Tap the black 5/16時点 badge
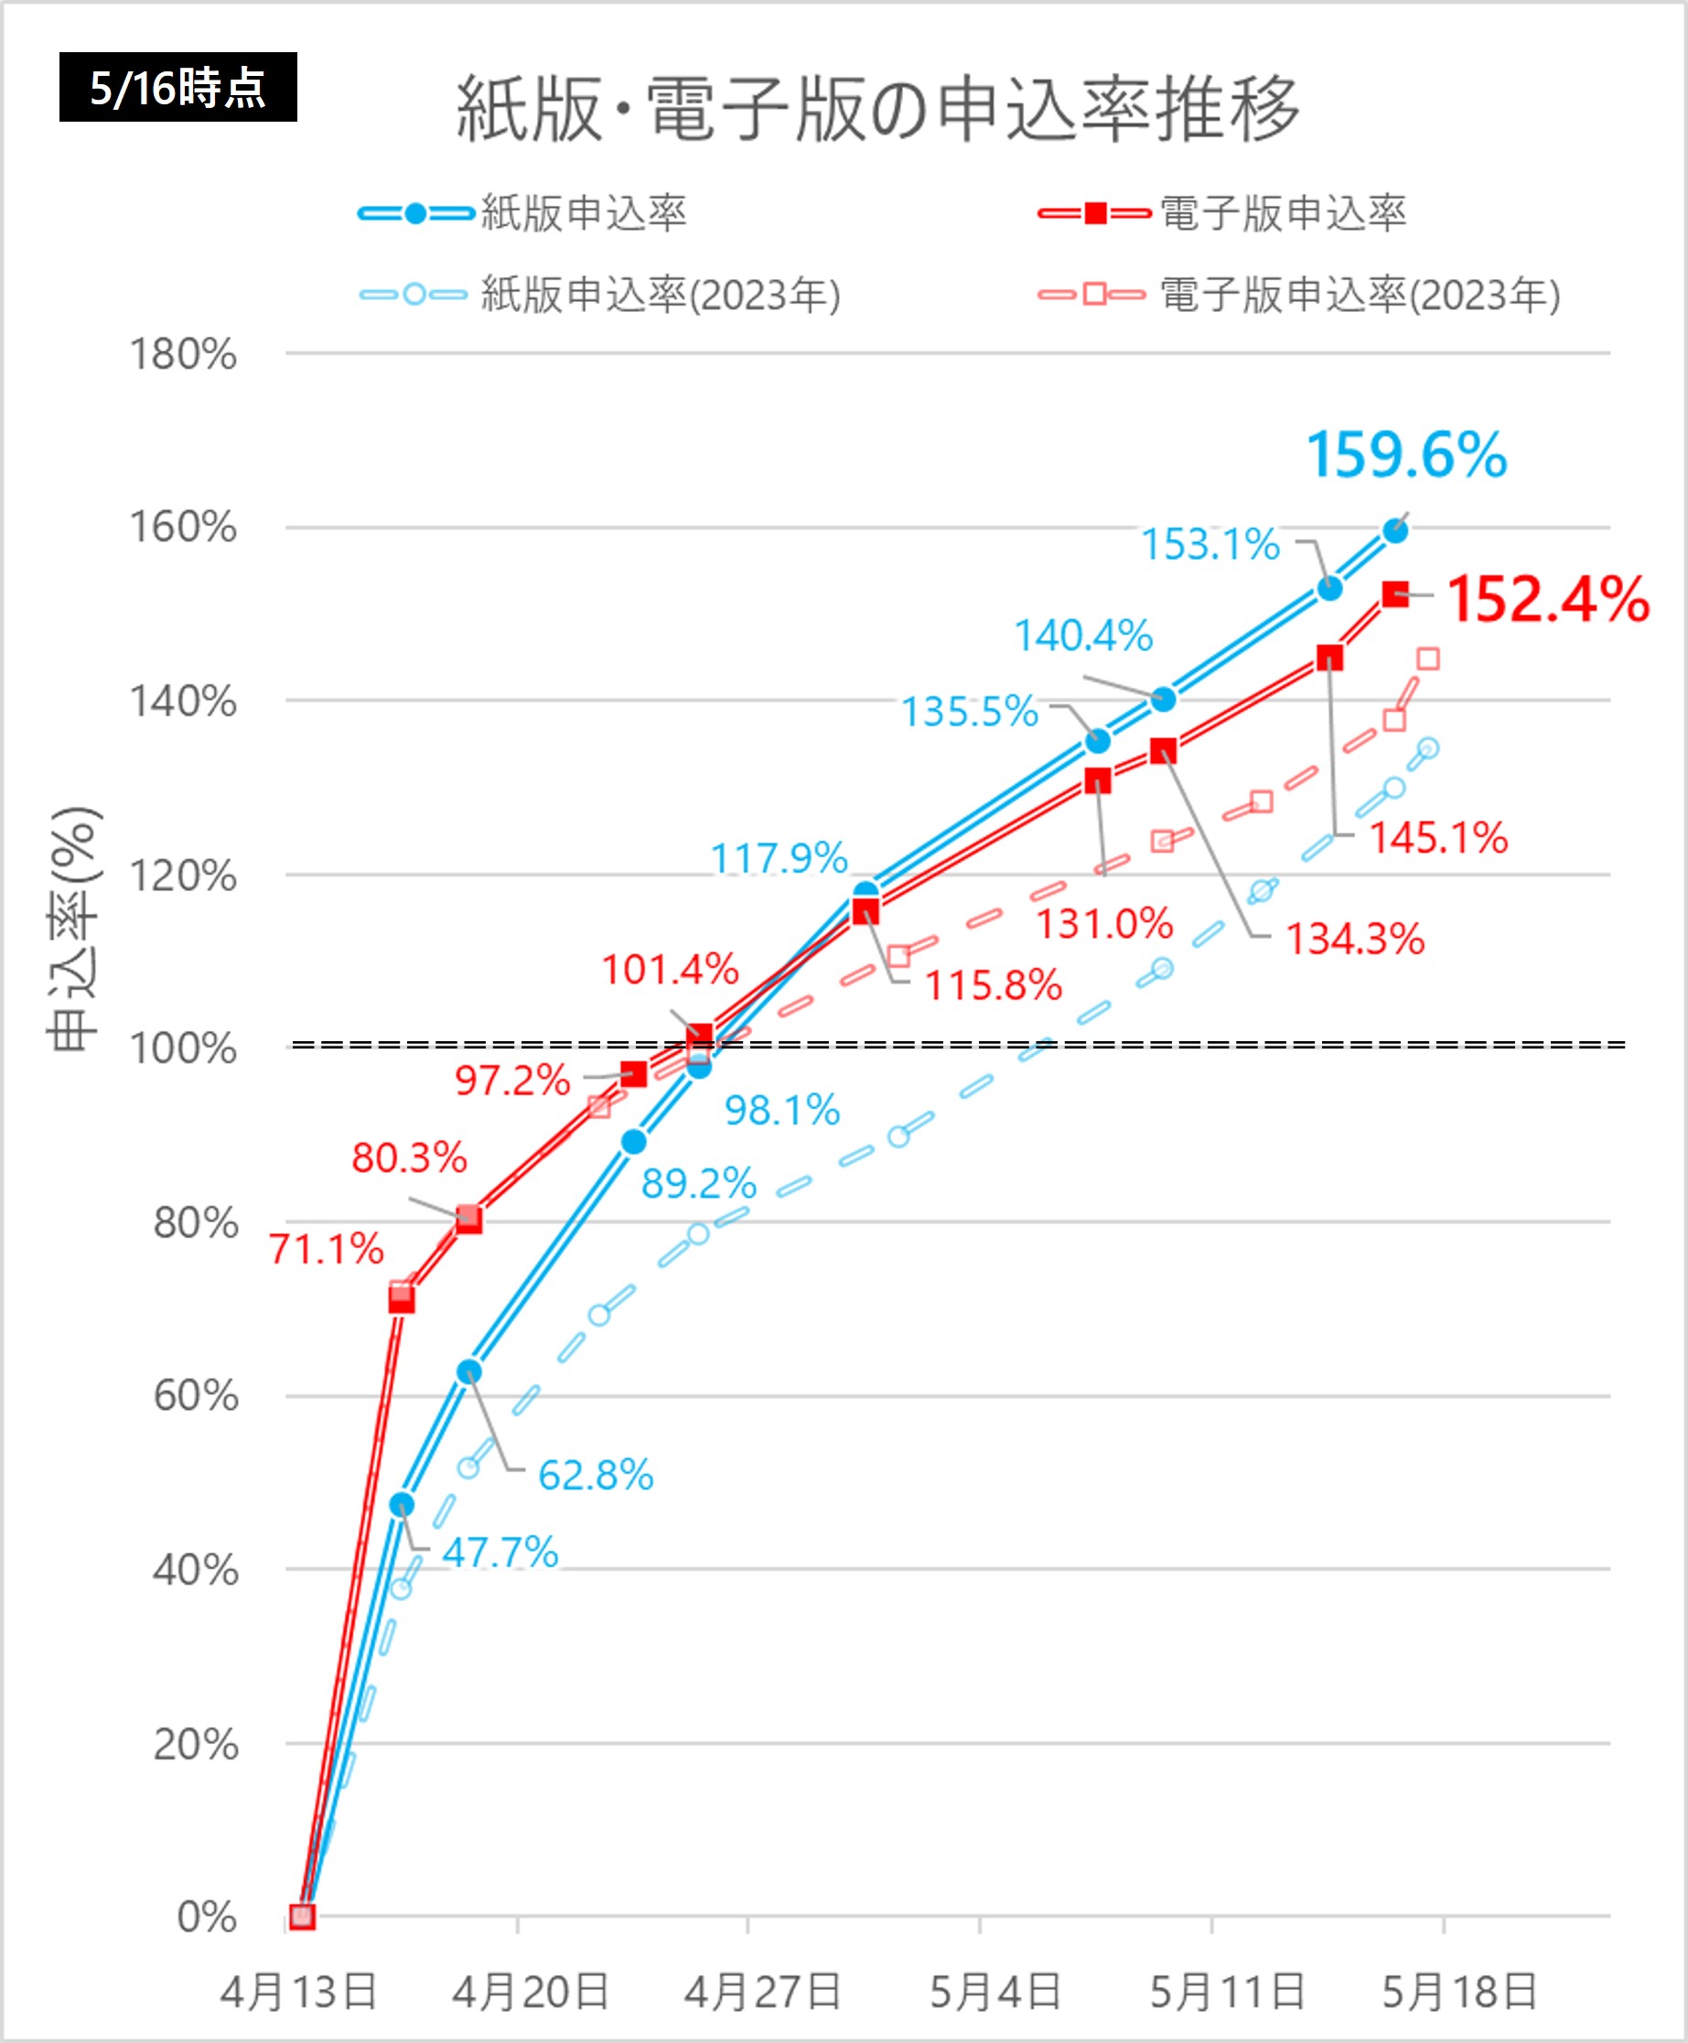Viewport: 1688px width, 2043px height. pos(177,88)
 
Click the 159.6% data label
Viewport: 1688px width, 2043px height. pos(1406,455)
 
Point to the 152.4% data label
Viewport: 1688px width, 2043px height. pos(1548,599)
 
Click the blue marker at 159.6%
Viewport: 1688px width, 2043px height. pos(1395,531)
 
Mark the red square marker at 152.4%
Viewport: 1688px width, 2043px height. pos(1395,594)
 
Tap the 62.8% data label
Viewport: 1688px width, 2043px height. pos(595,1475)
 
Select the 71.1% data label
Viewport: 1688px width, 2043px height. pos(327,1249)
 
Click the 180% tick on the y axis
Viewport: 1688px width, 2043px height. pos(184,354)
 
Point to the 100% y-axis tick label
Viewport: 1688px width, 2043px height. pos(184,1048)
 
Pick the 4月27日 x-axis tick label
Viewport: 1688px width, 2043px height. pos(762,1992)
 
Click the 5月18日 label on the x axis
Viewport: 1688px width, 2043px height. pos(1459,1992)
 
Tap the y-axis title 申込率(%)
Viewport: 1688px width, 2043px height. pos(74,929)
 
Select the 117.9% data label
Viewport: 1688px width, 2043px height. pos(779,857)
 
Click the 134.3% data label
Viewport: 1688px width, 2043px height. pos(1354,940)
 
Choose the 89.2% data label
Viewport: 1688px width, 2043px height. pos(698,1183)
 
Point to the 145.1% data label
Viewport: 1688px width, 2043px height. pos(1438,837)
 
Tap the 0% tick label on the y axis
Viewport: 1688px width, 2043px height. pos(206,1917)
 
